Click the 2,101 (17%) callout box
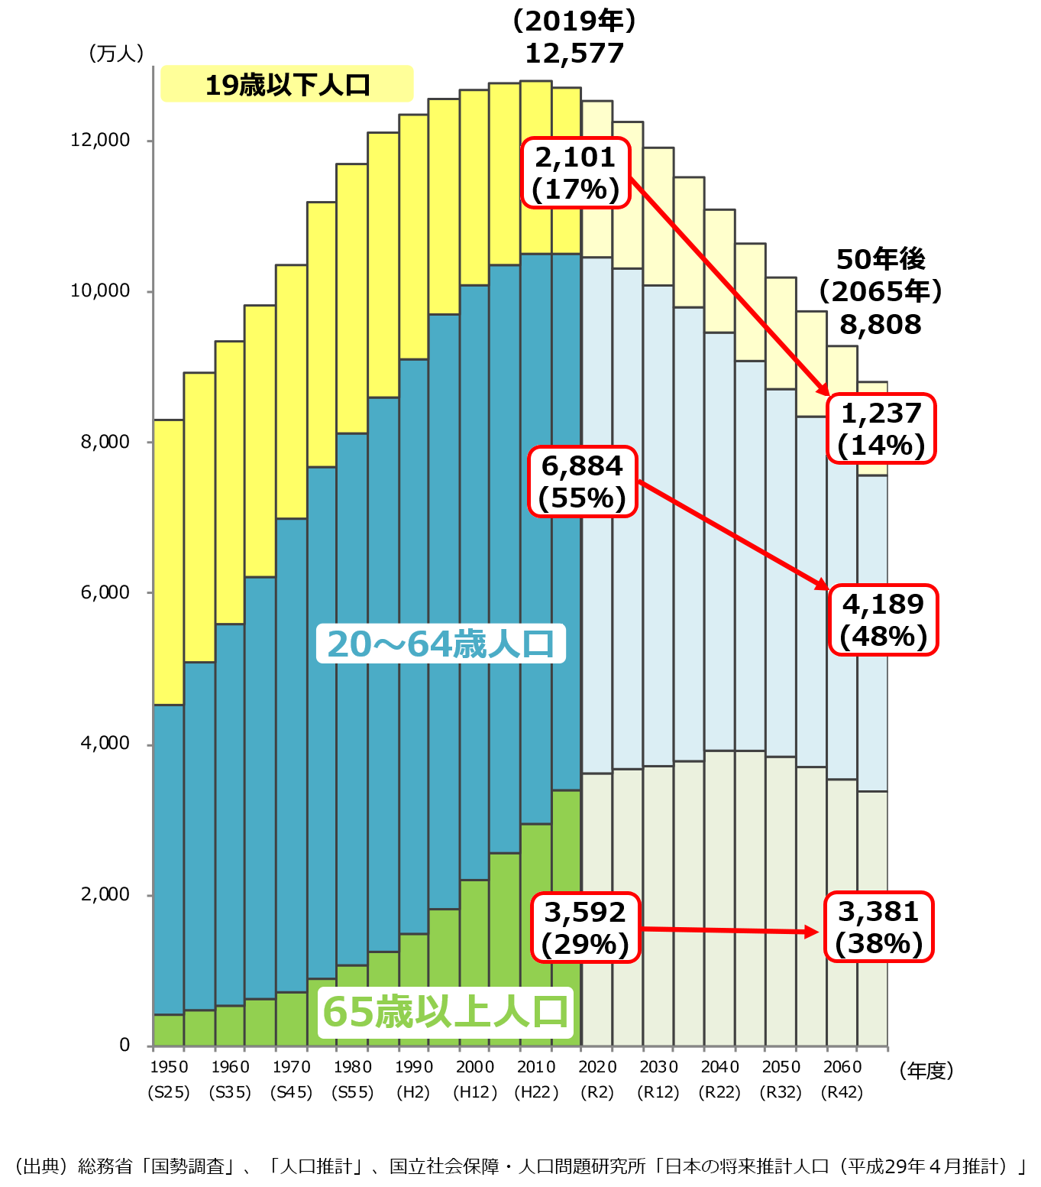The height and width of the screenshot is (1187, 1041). point(575,173)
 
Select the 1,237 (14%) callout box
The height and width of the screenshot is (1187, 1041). point(881,429)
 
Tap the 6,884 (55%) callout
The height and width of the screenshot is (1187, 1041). point(582,482)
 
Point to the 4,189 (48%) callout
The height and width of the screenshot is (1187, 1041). point(883,620)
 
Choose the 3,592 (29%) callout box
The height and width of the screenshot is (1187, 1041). point(585,927)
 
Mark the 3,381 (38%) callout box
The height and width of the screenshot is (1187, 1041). point(879,926)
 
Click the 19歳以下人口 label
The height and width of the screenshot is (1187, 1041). point(287,84)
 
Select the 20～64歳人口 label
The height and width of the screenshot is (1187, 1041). point(441,644)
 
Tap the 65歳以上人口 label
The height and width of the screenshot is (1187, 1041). point(445,1011)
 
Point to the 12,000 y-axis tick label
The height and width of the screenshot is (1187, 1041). point(100,140)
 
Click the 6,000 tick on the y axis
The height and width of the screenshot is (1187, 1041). point(105,592)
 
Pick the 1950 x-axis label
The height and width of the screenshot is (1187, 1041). point(169,1067)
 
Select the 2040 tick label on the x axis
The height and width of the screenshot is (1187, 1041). point(719,1067)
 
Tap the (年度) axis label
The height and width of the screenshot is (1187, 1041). point(926,1071)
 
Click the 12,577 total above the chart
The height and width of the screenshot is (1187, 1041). point(574,54)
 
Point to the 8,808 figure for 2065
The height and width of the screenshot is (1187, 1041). point(881,324)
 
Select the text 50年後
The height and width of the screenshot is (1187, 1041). point(881,259)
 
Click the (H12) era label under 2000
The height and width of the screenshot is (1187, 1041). point(475,1092)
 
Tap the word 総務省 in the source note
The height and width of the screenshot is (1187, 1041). point(105,1166)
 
